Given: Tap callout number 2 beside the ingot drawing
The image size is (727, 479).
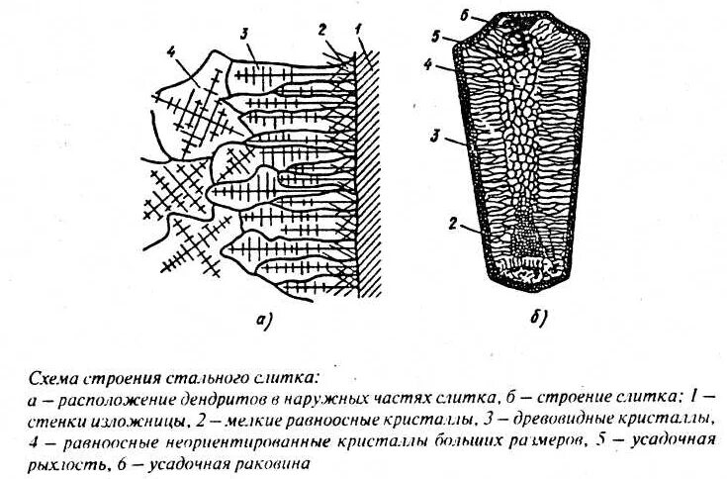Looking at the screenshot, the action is coord(450,224).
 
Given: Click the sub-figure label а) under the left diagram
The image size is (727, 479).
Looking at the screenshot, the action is coord(262,319).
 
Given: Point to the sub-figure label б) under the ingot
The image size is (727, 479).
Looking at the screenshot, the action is coord(539,319).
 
